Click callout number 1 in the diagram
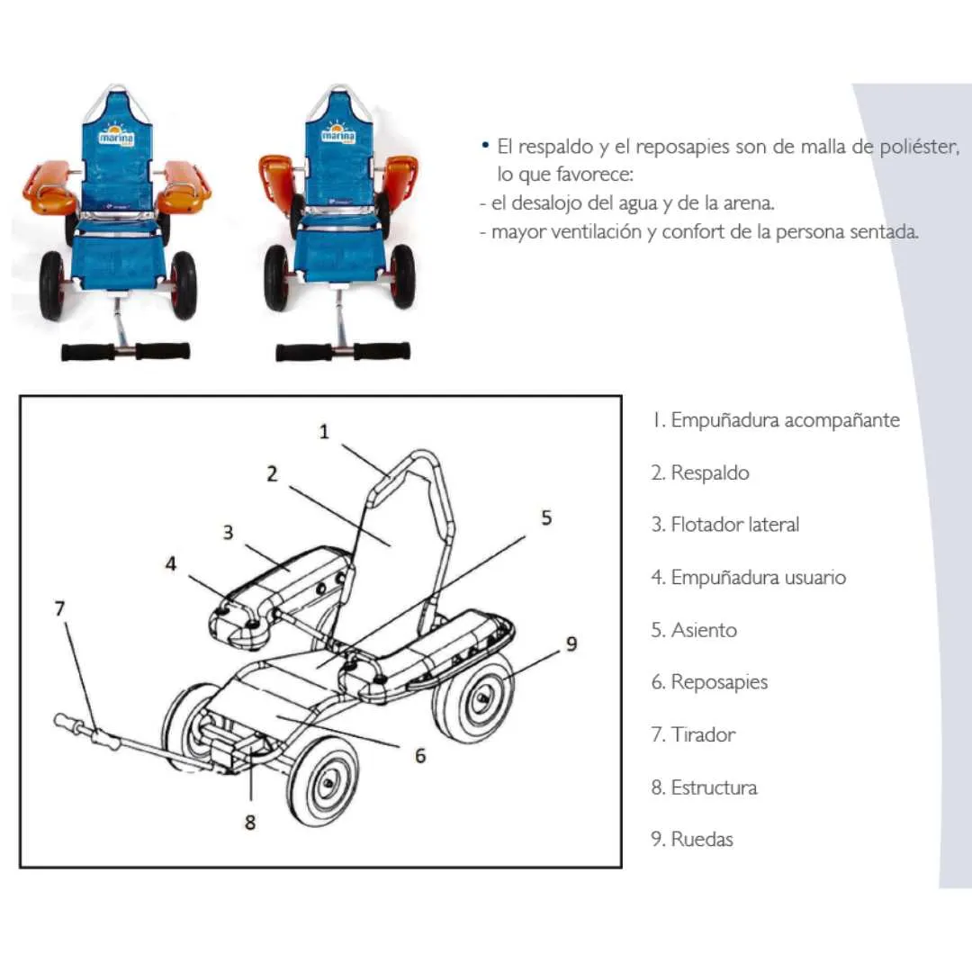coord(324,431)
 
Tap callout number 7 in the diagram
coord(59,608)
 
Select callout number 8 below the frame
coord(250,822)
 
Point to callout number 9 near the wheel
coord(571,644)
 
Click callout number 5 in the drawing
coord(546,517)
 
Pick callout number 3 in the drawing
coord(228,532)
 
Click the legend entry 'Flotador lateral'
coord(725,525)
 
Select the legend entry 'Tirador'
coord(693,734)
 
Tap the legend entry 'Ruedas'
coord(692,840)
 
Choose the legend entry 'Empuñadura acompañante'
coord(776,420)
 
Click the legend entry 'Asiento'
coord(694,630)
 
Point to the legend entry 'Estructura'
coord(704,787)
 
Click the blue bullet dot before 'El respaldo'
coord(485,146)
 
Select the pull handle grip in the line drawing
coord(86,732)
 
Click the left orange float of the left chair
coord(51,186)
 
